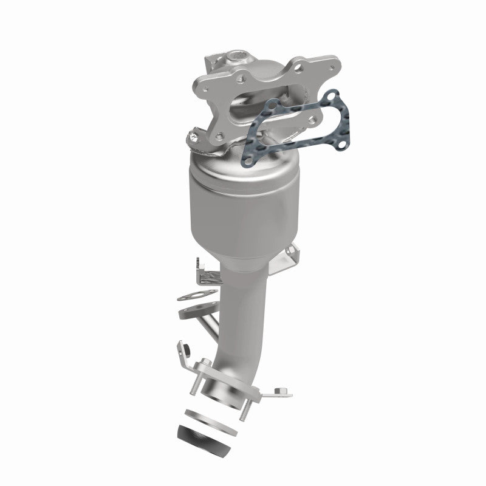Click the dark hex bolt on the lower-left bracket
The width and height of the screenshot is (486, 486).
187,348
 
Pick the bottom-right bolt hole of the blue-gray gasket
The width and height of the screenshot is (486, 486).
342,145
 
